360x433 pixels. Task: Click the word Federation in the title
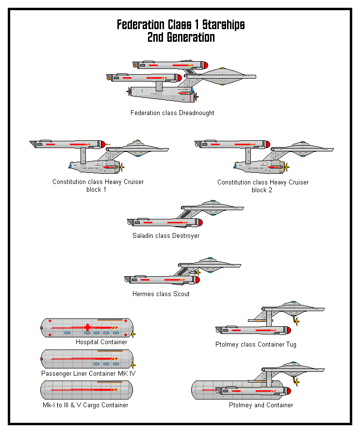139,25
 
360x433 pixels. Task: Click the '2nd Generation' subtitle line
180,37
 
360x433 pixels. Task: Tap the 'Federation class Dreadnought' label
172,113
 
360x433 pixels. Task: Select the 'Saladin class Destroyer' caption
166,236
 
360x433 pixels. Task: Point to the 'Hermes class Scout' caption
161,294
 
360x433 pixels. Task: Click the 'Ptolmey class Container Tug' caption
256,345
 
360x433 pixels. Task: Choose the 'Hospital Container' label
101,342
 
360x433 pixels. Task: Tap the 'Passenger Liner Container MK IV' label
88,374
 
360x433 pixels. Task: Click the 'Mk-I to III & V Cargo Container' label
85,405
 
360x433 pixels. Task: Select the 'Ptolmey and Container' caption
261,405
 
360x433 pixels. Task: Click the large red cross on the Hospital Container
87,327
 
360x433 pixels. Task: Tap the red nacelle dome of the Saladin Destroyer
199,223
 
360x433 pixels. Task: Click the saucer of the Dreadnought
223,76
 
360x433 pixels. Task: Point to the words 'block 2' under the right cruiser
262,190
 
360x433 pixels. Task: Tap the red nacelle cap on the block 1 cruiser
103,144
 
